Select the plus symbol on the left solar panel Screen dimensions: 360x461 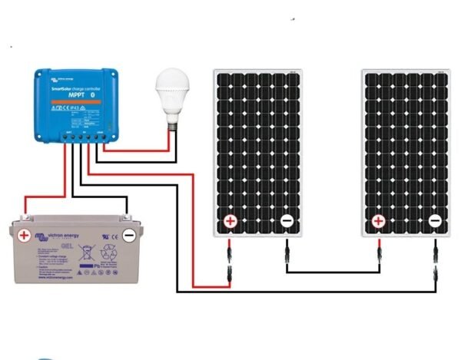point(230,222)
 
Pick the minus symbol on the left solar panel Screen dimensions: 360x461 point(286,222)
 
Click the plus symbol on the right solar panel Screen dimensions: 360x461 point(378,222)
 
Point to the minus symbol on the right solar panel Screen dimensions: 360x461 point(435,222)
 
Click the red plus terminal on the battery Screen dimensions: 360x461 point(25,235)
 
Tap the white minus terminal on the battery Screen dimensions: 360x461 point(130,235)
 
